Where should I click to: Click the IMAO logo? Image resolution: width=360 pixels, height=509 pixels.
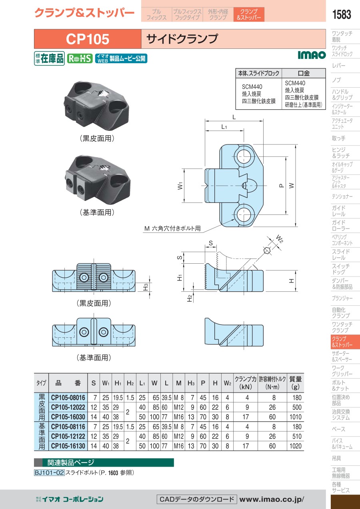coord(312,55)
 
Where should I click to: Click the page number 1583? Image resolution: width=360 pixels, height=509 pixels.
coord(342,14)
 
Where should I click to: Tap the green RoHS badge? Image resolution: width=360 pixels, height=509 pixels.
coord(80,58)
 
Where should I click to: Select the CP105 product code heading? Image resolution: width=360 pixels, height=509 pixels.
coord(88,39)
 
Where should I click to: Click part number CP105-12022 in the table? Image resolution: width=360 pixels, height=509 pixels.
coord(68,407)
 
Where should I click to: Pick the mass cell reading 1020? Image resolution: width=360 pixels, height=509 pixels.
coord(295,446)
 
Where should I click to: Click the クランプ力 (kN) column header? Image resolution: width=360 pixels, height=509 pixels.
coord(246,383)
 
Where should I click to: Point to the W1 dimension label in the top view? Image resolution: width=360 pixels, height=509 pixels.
coord(180,186)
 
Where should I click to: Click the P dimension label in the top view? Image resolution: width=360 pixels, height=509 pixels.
coord(282,186)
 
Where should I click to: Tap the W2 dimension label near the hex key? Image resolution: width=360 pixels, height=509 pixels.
coord(280,239)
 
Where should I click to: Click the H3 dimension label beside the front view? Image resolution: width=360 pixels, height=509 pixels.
coord(146,287)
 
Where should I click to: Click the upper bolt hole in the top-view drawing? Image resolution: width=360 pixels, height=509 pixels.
coord(244,156)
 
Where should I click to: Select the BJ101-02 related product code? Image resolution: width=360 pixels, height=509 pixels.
coord(49,473)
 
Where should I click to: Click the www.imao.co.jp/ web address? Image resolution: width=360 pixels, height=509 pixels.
coord(272,499)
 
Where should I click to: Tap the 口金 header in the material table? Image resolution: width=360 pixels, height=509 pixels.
coord(304,73)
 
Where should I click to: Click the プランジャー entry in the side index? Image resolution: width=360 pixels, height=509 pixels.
coord(342,298)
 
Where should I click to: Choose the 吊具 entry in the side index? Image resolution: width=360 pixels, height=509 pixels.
coord(336,458)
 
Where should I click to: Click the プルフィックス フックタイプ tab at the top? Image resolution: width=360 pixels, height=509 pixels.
coord(187,14)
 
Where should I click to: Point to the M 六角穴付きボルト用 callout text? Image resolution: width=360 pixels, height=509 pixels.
coord(172,228)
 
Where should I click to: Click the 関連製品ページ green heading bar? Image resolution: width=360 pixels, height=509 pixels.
coord(104,462)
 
